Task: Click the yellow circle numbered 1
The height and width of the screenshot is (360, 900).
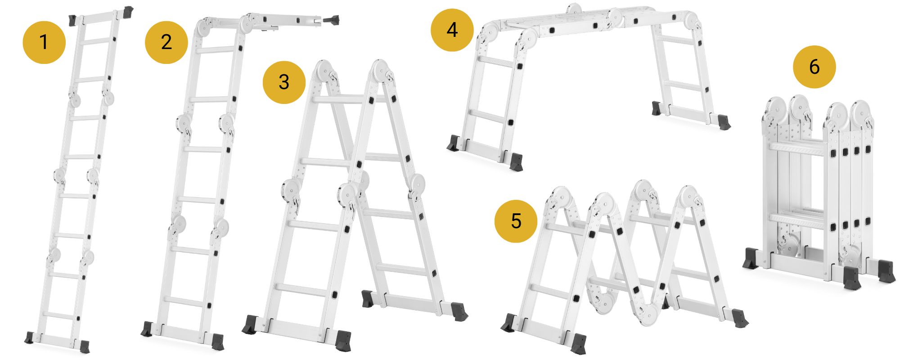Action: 44,42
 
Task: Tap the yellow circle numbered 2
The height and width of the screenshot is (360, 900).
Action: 166,42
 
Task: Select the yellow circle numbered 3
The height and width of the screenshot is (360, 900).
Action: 284,82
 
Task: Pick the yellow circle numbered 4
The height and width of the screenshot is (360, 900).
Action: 452,30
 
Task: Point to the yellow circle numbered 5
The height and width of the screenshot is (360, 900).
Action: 516,221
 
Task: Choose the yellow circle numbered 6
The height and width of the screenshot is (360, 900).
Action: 814,67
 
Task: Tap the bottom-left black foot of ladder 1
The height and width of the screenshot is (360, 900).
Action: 29,337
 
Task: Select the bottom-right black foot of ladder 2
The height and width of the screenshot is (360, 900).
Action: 218,342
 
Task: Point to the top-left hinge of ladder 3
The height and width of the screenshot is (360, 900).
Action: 323,71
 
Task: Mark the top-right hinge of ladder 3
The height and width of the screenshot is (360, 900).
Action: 381,71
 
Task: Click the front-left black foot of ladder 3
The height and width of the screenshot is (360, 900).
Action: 250,325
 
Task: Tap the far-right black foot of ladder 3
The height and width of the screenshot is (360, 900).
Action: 460,311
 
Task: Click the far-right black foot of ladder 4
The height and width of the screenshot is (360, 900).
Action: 724,122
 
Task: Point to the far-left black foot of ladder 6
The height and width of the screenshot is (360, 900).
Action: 751,258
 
